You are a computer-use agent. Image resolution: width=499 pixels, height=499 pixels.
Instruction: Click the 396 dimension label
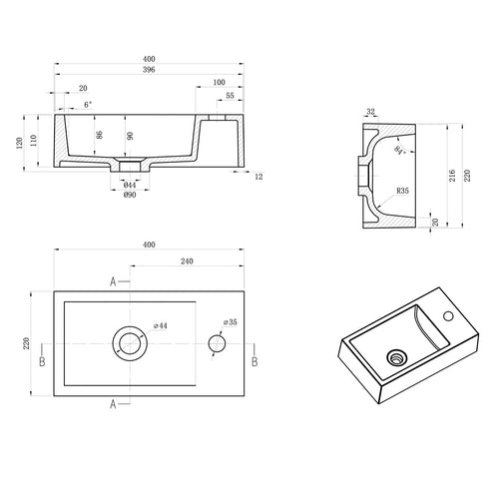(149, 70)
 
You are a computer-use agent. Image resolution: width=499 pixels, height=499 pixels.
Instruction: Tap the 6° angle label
(88, 105)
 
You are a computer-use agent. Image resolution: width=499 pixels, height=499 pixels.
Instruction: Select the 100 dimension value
(219, 82)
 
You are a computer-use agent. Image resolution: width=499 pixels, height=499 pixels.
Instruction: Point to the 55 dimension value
(230, 96)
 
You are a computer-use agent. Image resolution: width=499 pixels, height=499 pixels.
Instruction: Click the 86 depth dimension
(99, 135)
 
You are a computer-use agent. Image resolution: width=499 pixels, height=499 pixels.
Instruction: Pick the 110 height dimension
(33, 141)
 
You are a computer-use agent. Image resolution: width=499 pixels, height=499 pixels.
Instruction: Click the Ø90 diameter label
(130, 195)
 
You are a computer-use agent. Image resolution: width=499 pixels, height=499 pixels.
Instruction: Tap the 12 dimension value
(258, 177)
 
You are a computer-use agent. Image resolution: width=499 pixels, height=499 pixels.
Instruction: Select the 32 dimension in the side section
(370, 112)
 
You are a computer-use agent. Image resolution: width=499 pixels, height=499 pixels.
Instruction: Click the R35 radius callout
(402, 191)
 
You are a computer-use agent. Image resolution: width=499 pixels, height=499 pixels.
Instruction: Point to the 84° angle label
(399, 151)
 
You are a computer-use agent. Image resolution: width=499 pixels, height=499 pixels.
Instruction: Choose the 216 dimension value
(452, 176)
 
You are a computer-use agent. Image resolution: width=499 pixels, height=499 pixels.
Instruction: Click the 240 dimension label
(187, 261)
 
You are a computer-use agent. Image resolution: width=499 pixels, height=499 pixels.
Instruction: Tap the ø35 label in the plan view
(231, 322)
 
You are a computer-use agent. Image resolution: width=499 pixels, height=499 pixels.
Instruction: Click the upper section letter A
(113, 282)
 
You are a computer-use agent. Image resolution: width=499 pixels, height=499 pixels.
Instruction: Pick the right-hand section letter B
(254, 362)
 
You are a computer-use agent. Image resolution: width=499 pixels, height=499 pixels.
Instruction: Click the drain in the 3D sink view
(396, 358)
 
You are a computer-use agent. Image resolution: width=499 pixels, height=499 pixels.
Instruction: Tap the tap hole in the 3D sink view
(448, 315)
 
